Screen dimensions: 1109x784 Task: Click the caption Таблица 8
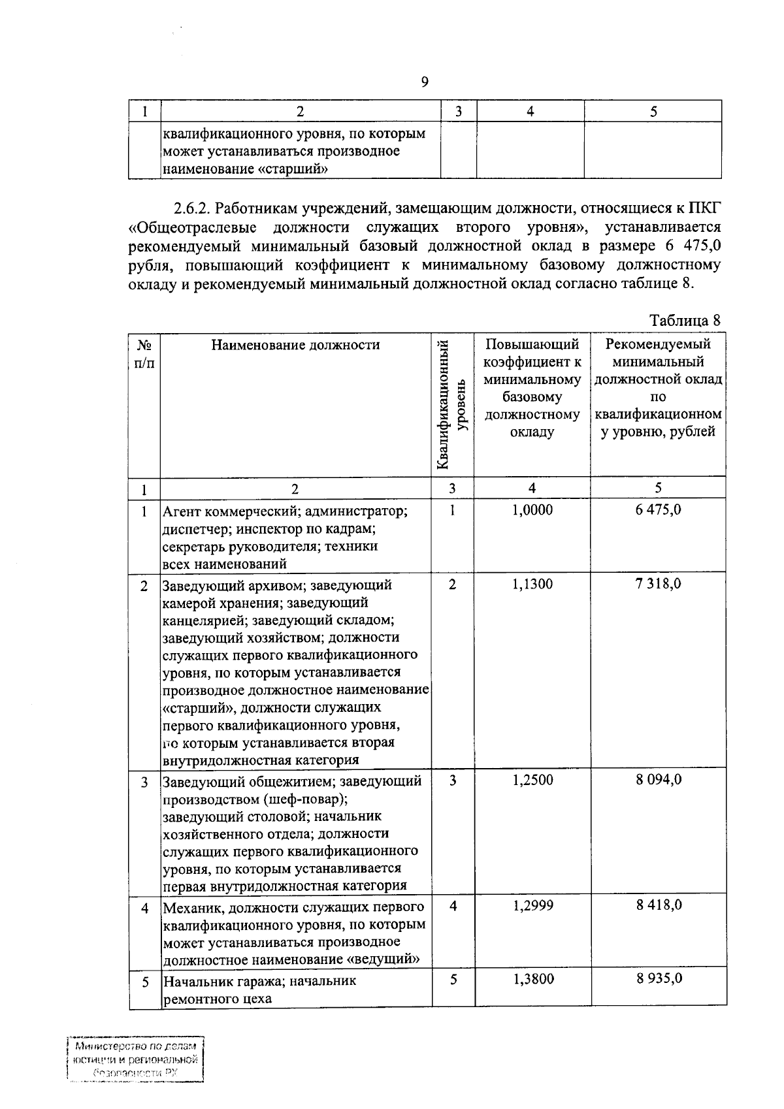tap(684, 321)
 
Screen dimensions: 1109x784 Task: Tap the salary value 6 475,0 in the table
tap(658, 509)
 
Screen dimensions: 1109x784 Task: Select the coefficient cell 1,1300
tap(532, 584)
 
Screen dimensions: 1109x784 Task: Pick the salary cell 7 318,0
tap(658, 583)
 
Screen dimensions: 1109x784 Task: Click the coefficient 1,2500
tap(532, 780)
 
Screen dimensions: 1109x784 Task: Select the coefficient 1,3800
tap(532, 979)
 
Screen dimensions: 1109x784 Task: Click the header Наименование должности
tap(295, 345)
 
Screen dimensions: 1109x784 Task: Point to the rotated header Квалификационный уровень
tap(451, 405)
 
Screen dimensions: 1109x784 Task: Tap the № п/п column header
tap(144, 353)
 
